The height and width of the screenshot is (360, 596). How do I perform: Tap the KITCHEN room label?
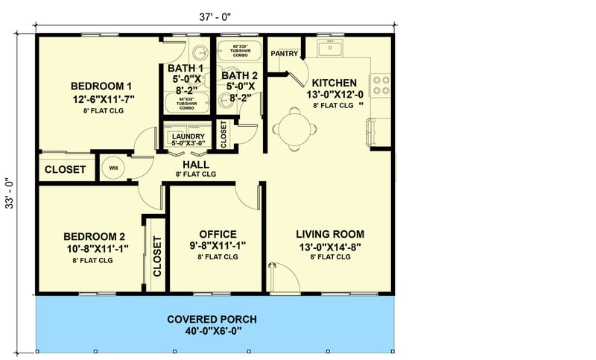[x=334, y=82]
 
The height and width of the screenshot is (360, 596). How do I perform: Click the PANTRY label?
[x=285, y=54]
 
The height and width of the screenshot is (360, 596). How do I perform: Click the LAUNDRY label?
[x=187, y=137]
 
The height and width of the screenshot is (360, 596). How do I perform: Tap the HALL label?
[x=195, y=164]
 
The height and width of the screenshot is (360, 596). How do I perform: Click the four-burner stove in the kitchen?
[x=380, y=84]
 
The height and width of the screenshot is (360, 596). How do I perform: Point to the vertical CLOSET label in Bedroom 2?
[x=157, y=256]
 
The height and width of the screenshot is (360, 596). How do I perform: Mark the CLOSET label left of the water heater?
[x=65, y=169]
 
